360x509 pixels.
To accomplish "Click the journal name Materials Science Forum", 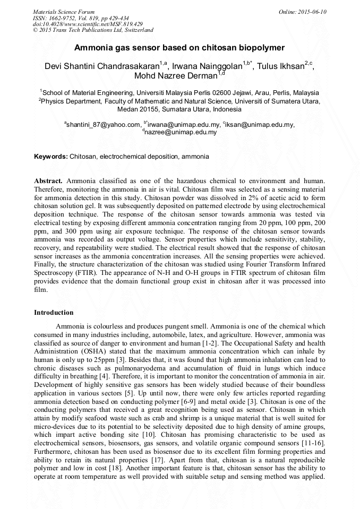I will click(64, 11).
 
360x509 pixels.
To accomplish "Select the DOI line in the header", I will click(88, 24).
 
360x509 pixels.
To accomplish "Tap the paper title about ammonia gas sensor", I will click(179, 47).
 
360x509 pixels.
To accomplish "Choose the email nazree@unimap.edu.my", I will click(181, 133).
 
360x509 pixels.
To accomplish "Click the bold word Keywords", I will click(50, 157).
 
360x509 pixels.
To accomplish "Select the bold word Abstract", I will click(48, 181).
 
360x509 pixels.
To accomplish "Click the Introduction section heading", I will click(54, 312).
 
